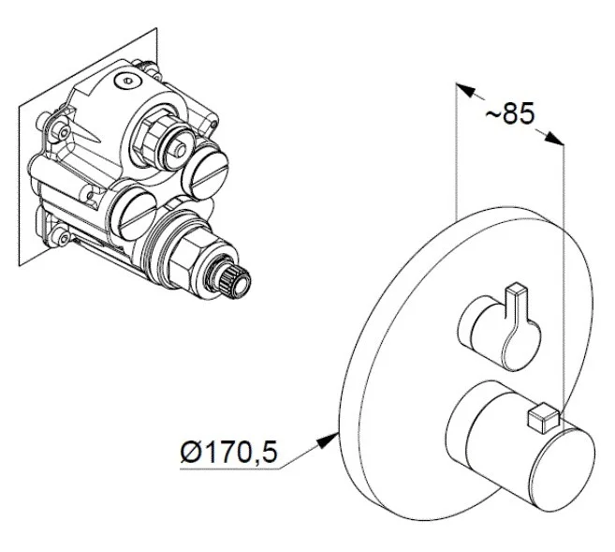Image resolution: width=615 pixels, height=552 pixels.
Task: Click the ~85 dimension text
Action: tap(510, 113)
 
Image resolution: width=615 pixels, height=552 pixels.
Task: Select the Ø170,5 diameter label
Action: tap(229, 452)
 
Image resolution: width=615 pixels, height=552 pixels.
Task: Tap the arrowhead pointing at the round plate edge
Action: tap(328, 440)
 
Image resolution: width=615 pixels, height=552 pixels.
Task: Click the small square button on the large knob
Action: tap(544, 418)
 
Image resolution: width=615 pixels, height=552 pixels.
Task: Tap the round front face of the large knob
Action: tap(563, 470)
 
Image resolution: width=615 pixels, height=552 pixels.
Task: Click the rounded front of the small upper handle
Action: tap(520, 345)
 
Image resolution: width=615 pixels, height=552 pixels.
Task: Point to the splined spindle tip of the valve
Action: tap(235, 278)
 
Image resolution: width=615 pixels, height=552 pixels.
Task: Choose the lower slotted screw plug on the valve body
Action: tap(134, 213)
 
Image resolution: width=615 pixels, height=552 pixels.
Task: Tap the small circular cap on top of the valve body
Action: tap(126, 82)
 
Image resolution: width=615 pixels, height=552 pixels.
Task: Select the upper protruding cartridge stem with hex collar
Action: tap(164, 140)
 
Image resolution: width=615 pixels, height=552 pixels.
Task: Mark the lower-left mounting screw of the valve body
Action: tap(61, 237)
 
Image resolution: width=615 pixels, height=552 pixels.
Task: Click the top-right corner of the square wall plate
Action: tap(156, 28)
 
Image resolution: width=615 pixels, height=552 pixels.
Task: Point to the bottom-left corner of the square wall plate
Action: tap(19, 266)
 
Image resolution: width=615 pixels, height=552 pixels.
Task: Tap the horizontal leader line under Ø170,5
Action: tap(229, 469)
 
